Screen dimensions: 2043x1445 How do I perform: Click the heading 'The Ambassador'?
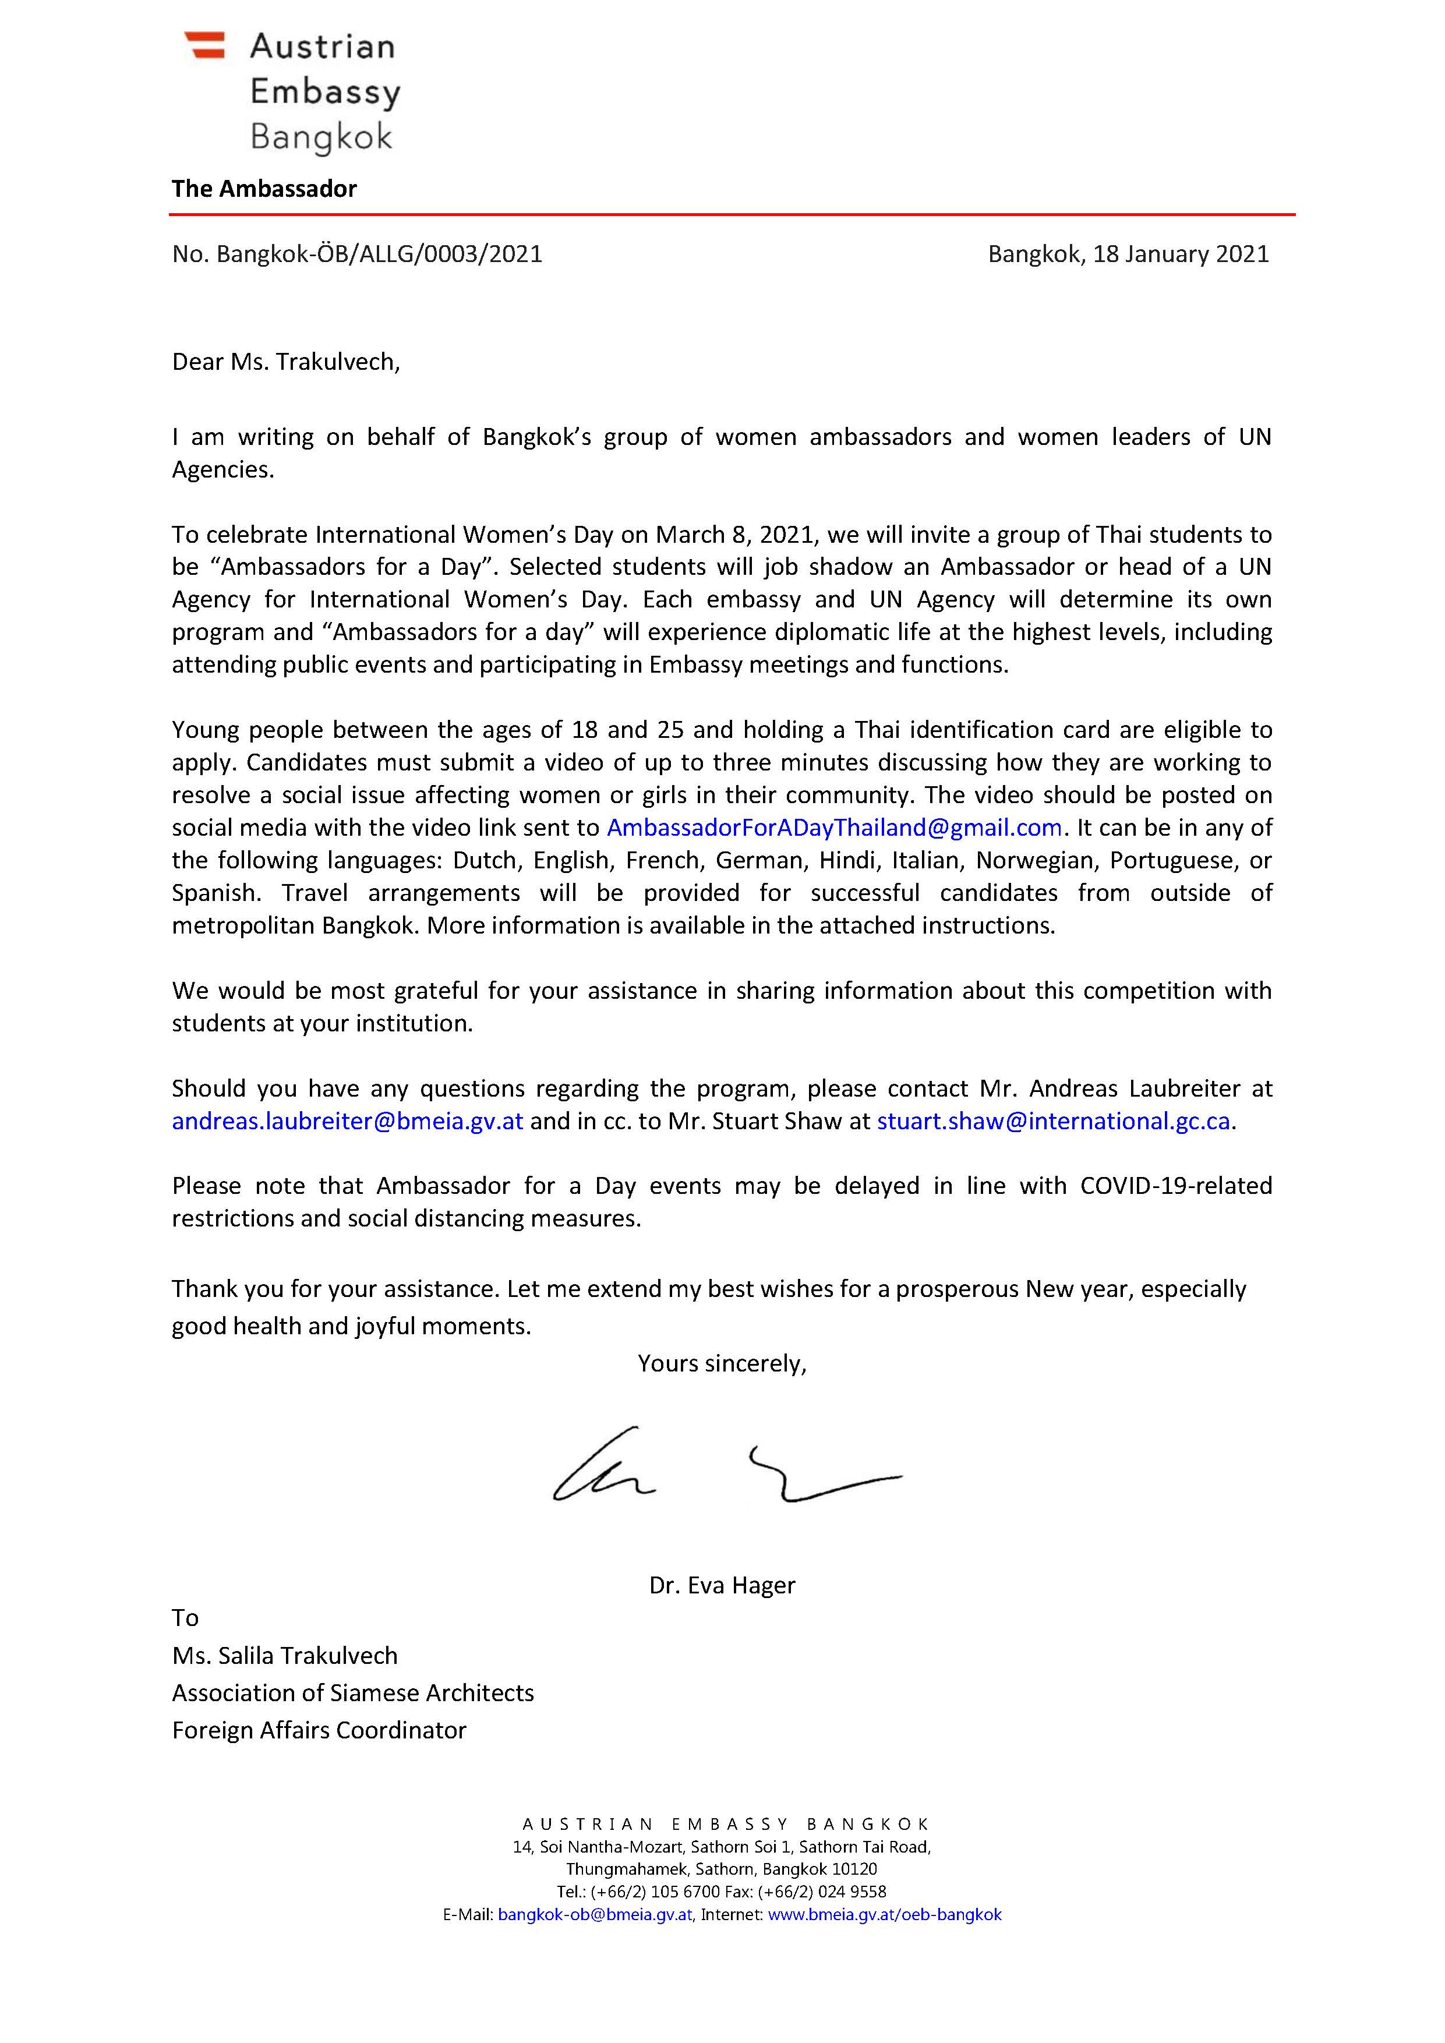pos(264,189)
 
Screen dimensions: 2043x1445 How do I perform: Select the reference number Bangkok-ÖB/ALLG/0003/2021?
pos(379,255)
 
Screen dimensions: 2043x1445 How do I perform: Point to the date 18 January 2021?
pos(1181,255)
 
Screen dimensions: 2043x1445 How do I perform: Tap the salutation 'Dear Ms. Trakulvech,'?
pos(285,362)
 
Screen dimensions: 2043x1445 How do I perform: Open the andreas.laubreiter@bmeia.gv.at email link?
pos(347,1121)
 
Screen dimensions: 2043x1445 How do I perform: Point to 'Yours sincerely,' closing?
pos(722,1364)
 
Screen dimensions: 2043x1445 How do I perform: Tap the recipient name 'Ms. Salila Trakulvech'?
pos(285,1656)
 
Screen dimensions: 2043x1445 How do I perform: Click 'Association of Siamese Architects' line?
pos(352,1694)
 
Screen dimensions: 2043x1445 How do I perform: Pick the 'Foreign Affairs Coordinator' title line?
pos(319,1731)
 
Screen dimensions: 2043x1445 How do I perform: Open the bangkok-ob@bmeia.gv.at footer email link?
pos(595,1915)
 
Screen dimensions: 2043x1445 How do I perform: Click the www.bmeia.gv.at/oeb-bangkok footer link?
pos(885,1915)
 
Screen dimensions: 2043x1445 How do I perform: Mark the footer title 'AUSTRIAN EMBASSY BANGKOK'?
pos(725,1824)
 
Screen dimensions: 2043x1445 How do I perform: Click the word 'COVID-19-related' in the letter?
pos(1175,1186)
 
